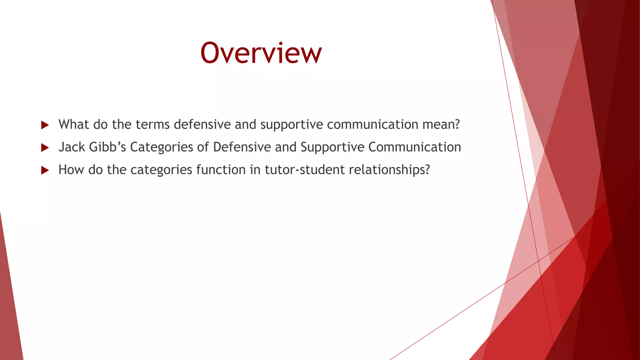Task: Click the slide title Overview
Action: [x=261, y=53]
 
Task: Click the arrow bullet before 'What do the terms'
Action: [x=45, y=125]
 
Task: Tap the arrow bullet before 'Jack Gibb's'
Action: [x=45, y=148]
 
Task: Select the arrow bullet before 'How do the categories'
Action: [x=45, y=170]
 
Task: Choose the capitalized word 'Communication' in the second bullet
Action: [x=414, y=147]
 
